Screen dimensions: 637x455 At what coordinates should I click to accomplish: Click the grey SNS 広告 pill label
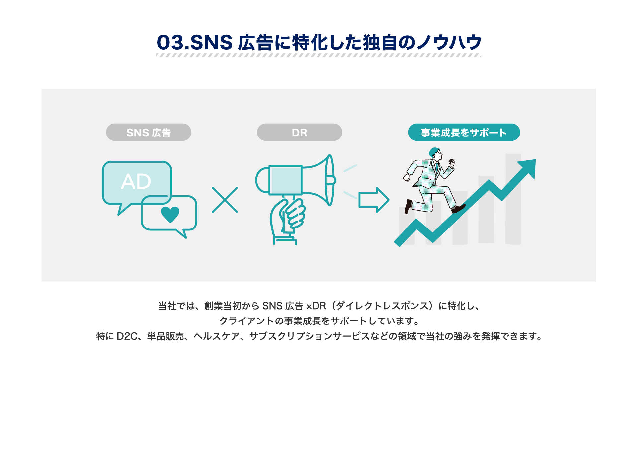(149, 132)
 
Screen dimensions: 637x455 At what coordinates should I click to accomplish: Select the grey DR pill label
(300, 132)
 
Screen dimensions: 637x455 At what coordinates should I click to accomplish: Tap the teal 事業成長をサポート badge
(464, 132)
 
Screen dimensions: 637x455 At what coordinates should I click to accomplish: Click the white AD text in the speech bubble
(136, 181)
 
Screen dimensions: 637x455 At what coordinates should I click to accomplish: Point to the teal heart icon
(170, 214)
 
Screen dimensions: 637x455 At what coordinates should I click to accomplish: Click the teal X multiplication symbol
(225, 200)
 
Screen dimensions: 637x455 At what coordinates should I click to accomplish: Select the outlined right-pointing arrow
(374, 200)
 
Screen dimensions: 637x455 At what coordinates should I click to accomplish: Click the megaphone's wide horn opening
(330, 180)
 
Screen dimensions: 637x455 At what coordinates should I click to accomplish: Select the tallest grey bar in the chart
(513, 199)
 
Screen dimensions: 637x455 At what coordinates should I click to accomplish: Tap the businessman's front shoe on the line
(459, 209)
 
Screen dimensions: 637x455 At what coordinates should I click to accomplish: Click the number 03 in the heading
(170, 43)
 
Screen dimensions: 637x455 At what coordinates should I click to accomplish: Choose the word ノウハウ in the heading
(449, 43)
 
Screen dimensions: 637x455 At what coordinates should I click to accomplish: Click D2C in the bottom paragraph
(127, 336)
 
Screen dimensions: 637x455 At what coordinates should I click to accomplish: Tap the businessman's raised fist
(451, 163)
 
